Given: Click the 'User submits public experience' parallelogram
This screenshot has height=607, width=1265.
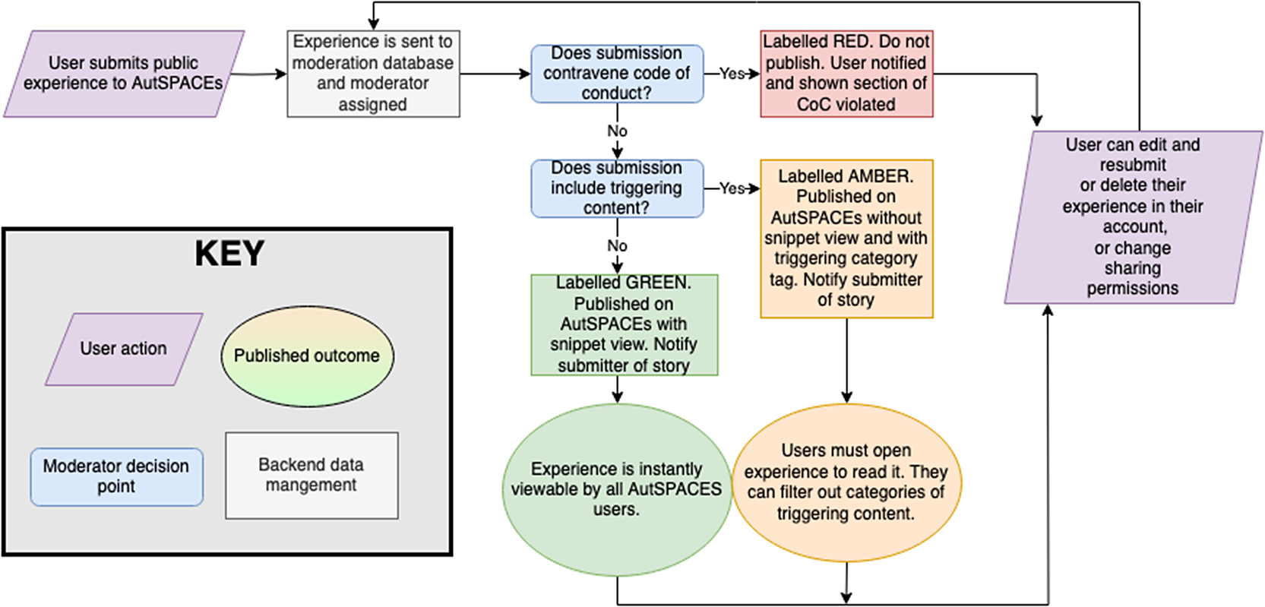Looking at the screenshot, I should pos(124,74).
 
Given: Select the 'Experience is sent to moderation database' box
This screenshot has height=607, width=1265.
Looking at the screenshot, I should pos(373,74).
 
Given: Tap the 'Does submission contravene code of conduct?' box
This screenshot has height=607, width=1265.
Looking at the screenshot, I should pos(616,74).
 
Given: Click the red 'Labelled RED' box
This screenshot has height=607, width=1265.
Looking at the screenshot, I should pos(846,74).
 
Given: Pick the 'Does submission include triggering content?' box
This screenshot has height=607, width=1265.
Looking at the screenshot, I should pos(616,188).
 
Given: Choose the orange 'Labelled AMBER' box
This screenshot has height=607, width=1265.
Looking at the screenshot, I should pos(846,239).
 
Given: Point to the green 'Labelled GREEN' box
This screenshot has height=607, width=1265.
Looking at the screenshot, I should pos(624,325).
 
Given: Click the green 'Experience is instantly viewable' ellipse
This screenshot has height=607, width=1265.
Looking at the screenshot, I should pos(616,490).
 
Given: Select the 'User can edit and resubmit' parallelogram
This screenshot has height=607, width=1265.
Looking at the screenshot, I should pos(1133,217).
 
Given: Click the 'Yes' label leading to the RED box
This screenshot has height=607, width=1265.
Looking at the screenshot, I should pos(732,74).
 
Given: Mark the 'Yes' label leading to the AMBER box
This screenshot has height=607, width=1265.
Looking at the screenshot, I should pos(732,188).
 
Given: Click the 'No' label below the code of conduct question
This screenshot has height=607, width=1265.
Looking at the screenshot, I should pos(617,131).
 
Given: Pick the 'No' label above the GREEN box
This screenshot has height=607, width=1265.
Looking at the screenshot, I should pos(617,246).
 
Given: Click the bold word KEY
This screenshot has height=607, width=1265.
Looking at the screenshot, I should pos(229,254).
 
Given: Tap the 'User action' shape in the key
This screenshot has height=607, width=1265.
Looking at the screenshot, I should pos(124,349).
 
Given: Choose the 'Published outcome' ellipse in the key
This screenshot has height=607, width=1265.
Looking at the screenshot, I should pos(307,356).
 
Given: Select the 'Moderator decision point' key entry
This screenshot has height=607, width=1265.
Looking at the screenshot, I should pos(116,476).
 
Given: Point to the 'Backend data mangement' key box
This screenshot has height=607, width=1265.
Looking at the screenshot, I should pos(312,476).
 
